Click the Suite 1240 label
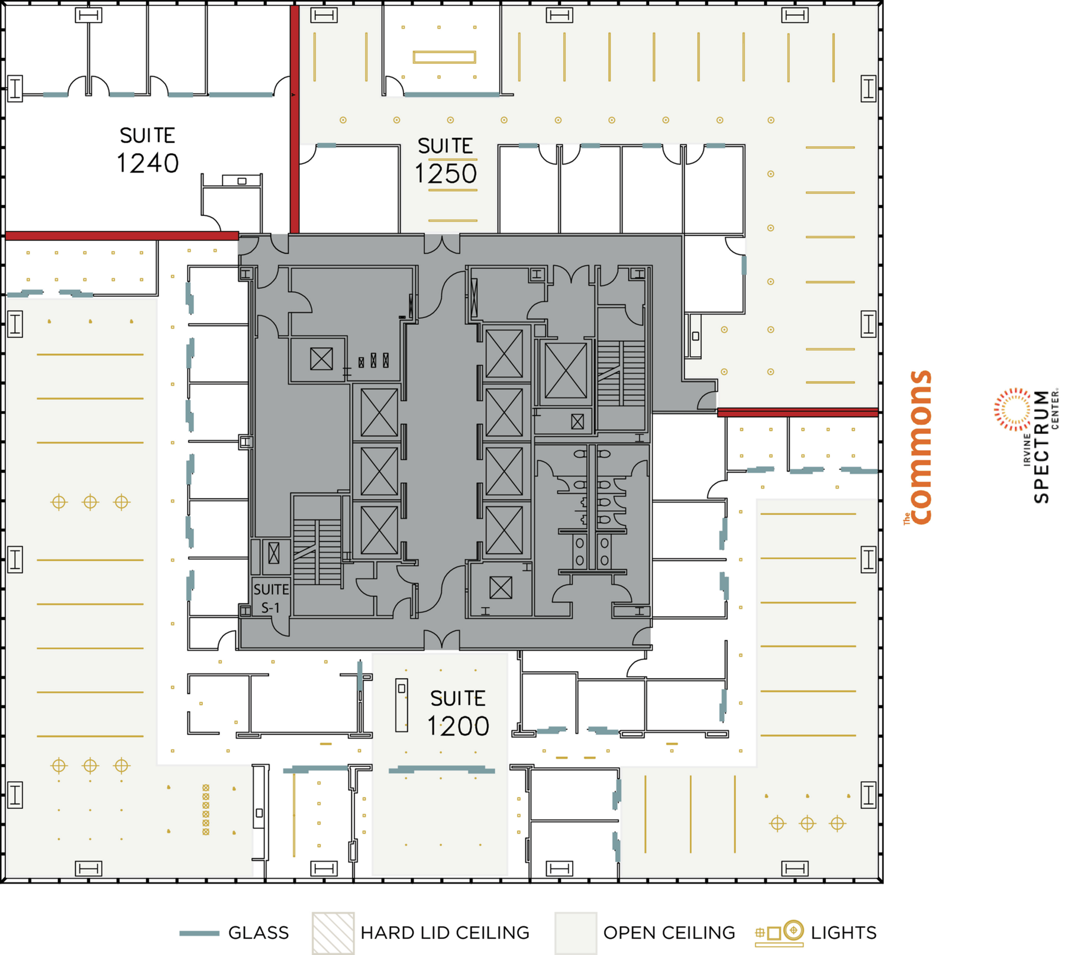pyautogui.click(x=147, y=150)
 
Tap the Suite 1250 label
pyautogui.click(x=446, y=161)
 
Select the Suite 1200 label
pyautogui.click(x=458, y=714)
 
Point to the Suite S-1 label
pyautogui.click(x=271, y=598)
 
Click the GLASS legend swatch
pyautogui.click(x=199, y=933)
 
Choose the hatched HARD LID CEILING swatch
pyautogui.click(x=333, y=933)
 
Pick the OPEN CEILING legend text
pyautogui.click(x=669, y=933)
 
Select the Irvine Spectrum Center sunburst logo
pyautogui.click(x=1013, y=409)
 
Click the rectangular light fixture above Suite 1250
pyautogui.click(x=444, y=57)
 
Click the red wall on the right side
pyautogui.click(x=798, y=412)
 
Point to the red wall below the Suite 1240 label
pyautogui.click(x=121, y=236)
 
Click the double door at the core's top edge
pyautogui.click(x=442, y=243)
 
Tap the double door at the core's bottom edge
pyautogui.click(x=442, y=640)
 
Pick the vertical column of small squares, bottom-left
pyautogui.click(x=206, y=809)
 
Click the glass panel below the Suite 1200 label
pyautogui.click(x=441, y=770)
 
